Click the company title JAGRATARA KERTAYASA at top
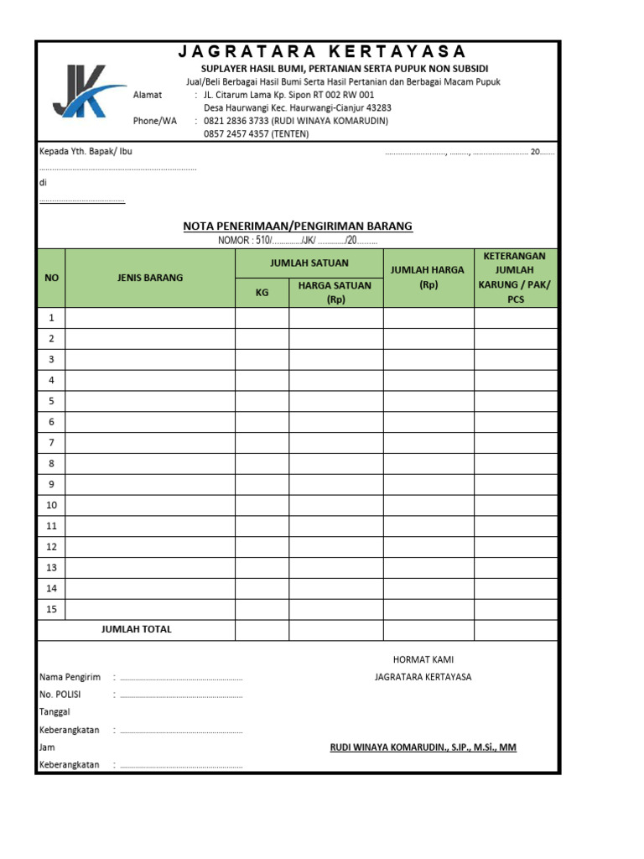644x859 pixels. (322, 52)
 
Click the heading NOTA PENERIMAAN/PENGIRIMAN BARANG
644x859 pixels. (298, 226)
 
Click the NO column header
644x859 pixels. (51, 278)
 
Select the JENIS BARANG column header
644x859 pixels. (150, 278)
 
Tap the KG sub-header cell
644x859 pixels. (262, 293)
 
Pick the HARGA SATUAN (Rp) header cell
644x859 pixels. (336, 292)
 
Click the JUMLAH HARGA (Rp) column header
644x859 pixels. (428, 278)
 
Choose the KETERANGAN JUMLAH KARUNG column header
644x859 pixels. (516, 278)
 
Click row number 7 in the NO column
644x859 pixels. (51, 443)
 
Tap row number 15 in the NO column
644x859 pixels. (51, 609)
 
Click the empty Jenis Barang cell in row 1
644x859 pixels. (150, 318)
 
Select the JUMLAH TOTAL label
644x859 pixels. (136, 629)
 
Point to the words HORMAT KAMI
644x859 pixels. (423, 660)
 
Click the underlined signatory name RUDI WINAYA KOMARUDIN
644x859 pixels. (423, 747)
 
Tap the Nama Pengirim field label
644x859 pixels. (70, 677)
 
